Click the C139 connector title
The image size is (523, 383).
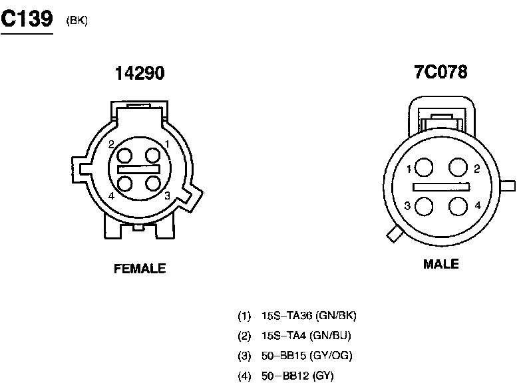27,18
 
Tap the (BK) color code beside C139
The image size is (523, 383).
77,21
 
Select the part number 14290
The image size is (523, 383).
140,73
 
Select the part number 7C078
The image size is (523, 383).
440,72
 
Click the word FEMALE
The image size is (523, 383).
140,269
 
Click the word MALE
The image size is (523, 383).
441,264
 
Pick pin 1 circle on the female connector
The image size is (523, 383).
153,156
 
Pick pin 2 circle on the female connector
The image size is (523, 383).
124,156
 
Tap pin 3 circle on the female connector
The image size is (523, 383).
153,183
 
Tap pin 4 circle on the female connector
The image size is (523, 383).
124,184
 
